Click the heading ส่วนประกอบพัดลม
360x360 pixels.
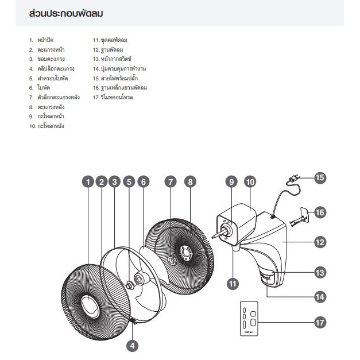tap(66, 14)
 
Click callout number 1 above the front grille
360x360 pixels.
tap(88, 182)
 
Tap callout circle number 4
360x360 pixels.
tap(133, 346)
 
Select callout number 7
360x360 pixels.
tap(171, 182)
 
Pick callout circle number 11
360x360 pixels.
tap(233, 284)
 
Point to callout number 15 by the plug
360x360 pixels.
tap(320, 177)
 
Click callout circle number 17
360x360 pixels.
tap(320, 323)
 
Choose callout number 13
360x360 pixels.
tap(320, 273)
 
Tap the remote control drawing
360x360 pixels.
tap(249, 319)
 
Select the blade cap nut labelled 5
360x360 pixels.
tap(130, 285)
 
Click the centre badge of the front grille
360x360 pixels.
tap(90, 307)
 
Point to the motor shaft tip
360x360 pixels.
tap(214, 237)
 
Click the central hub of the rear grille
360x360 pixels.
tap(185, 253)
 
